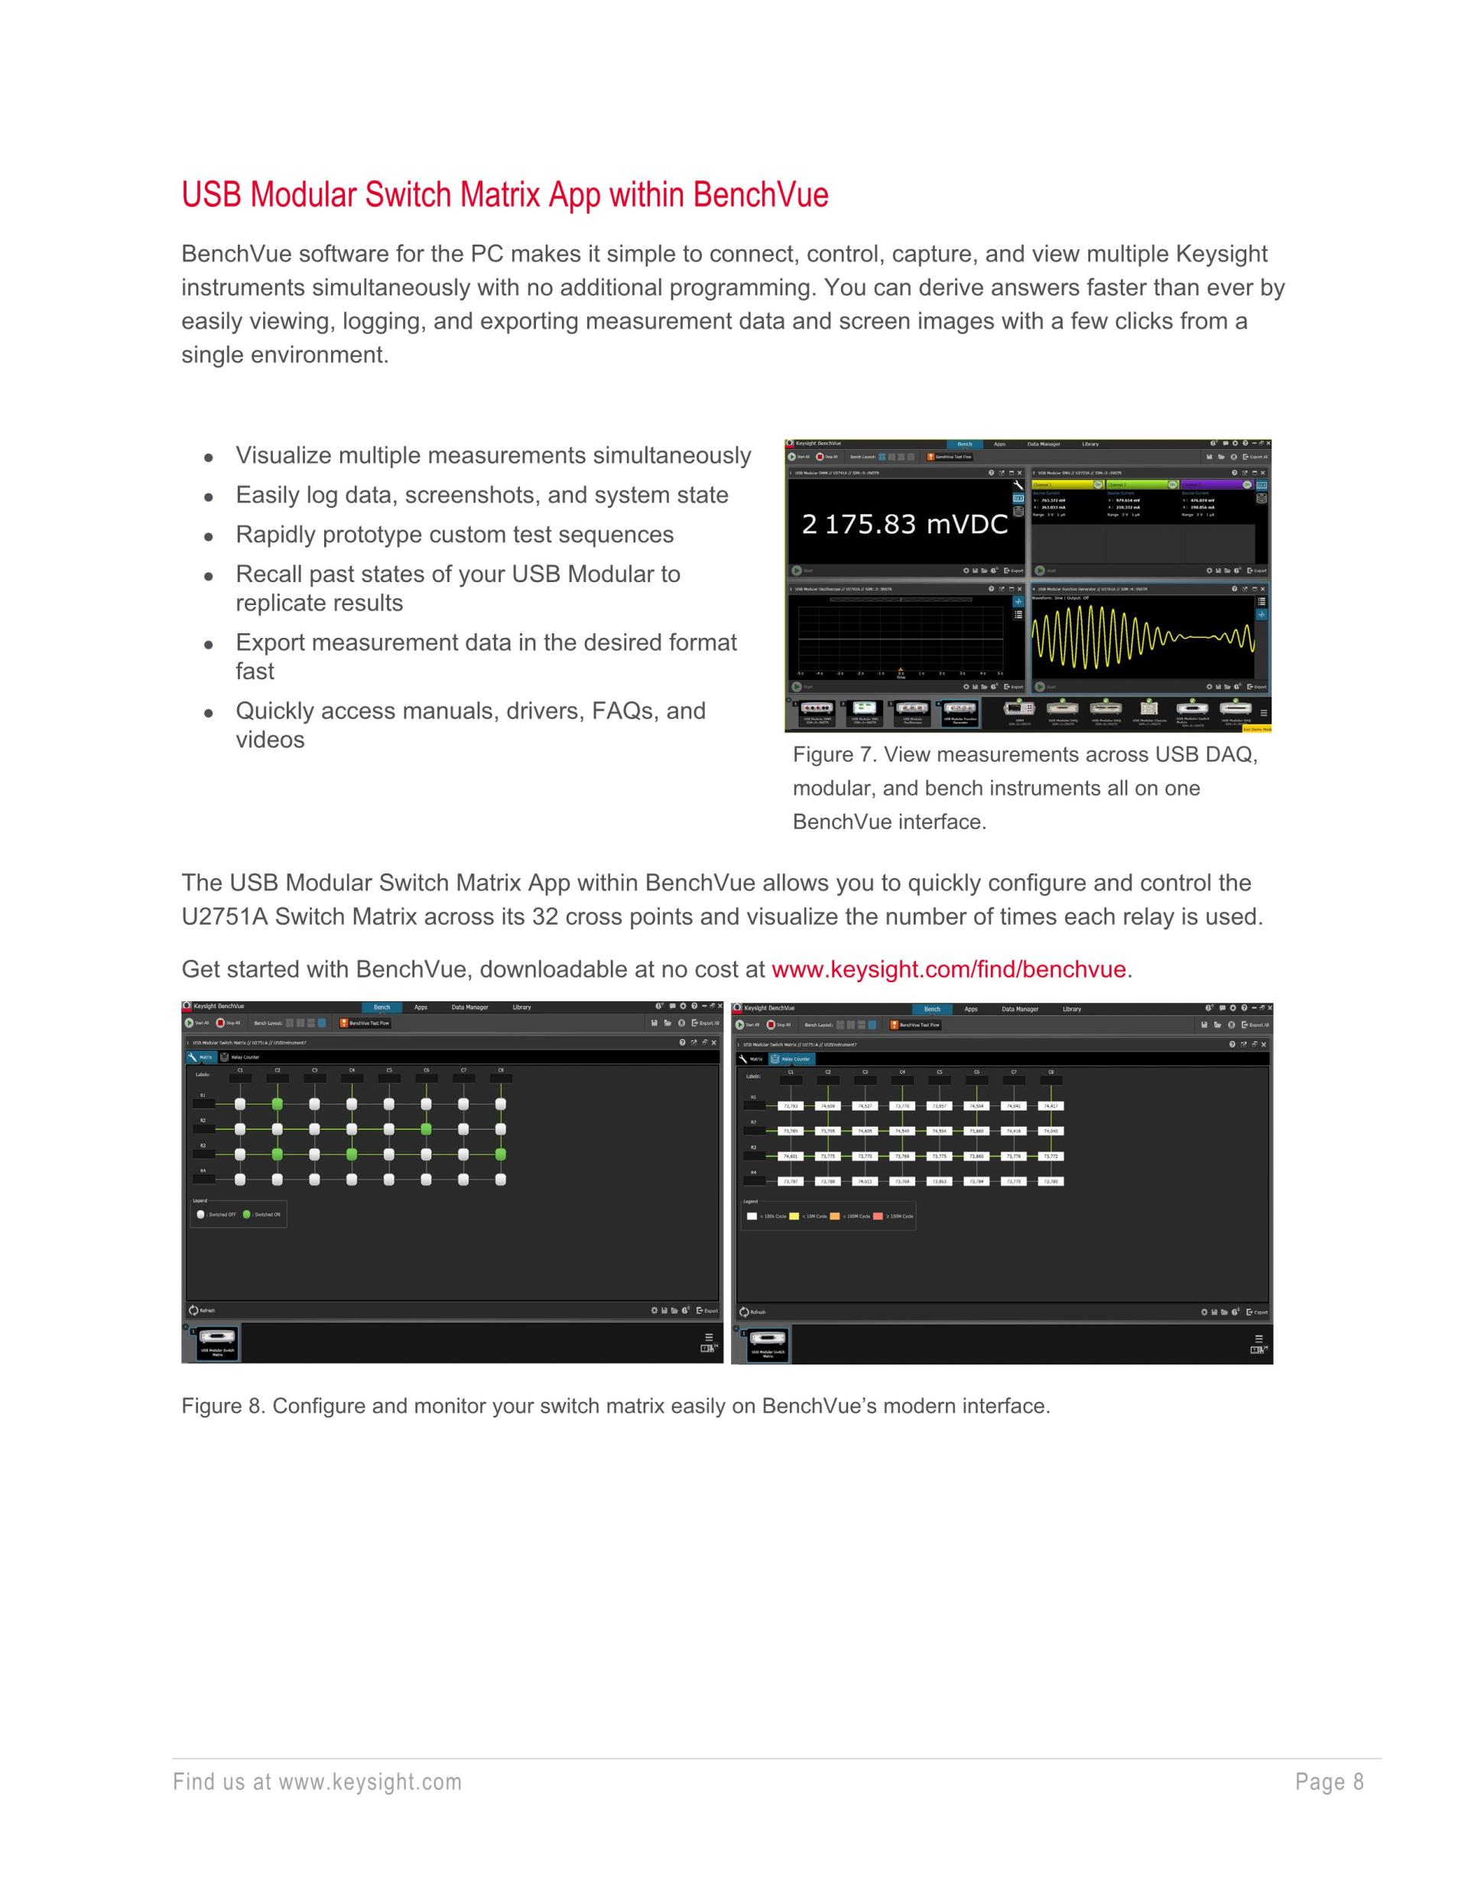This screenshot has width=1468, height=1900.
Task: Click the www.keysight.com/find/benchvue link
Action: [x=948, y=969]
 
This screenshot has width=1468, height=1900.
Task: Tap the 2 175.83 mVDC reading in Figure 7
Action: [x=905, y=524]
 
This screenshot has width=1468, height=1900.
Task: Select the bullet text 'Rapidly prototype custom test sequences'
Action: [x=454, y=534]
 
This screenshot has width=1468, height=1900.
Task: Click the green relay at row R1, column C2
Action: [x=278, y=1104]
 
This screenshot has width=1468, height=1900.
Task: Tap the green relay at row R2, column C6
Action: [x=426, y=1129]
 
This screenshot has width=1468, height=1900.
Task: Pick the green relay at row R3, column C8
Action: [x=501, y=1154]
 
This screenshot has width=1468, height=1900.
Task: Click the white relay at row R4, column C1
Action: [x=240, y=1179]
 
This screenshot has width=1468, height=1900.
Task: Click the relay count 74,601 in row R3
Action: [x=791, y=1157]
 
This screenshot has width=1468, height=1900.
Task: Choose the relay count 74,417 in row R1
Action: [x=1051, y=1106]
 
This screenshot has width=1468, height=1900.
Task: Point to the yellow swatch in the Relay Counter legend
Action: [x=794, y=1216]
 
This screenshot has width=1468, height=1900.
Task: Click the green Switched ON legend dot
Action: [x=246, y=1215]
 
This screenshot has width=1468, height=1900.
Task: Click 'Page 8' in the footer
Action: [x=1329, y=1781]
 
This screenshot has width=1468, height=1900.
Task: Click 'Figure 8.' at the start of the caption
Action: [x=222, y=1406]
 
